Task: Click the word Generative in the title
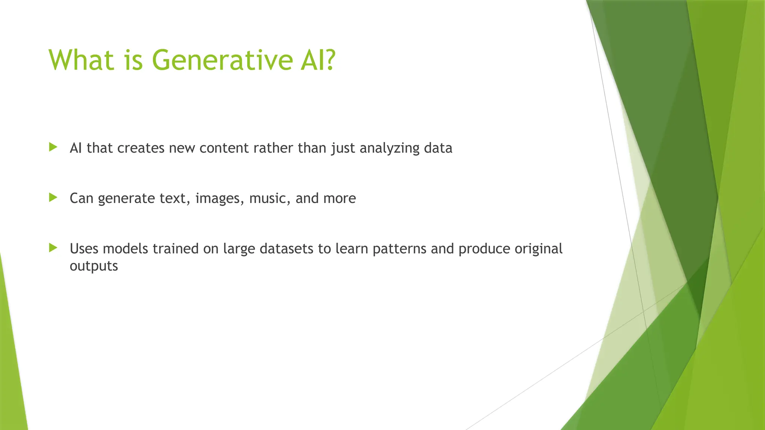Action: [223, 60]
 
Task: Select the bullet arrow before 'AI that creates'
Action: [53, 147]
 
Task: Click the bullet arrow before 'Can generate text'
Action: [53, 197]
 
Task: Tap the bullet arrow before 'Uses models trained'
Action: [53, 247]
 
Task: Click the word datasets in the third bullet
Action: [286, 249]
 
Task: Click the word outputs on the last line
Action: [94, 266]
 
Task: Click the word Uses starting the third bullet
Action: [84, 249]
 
